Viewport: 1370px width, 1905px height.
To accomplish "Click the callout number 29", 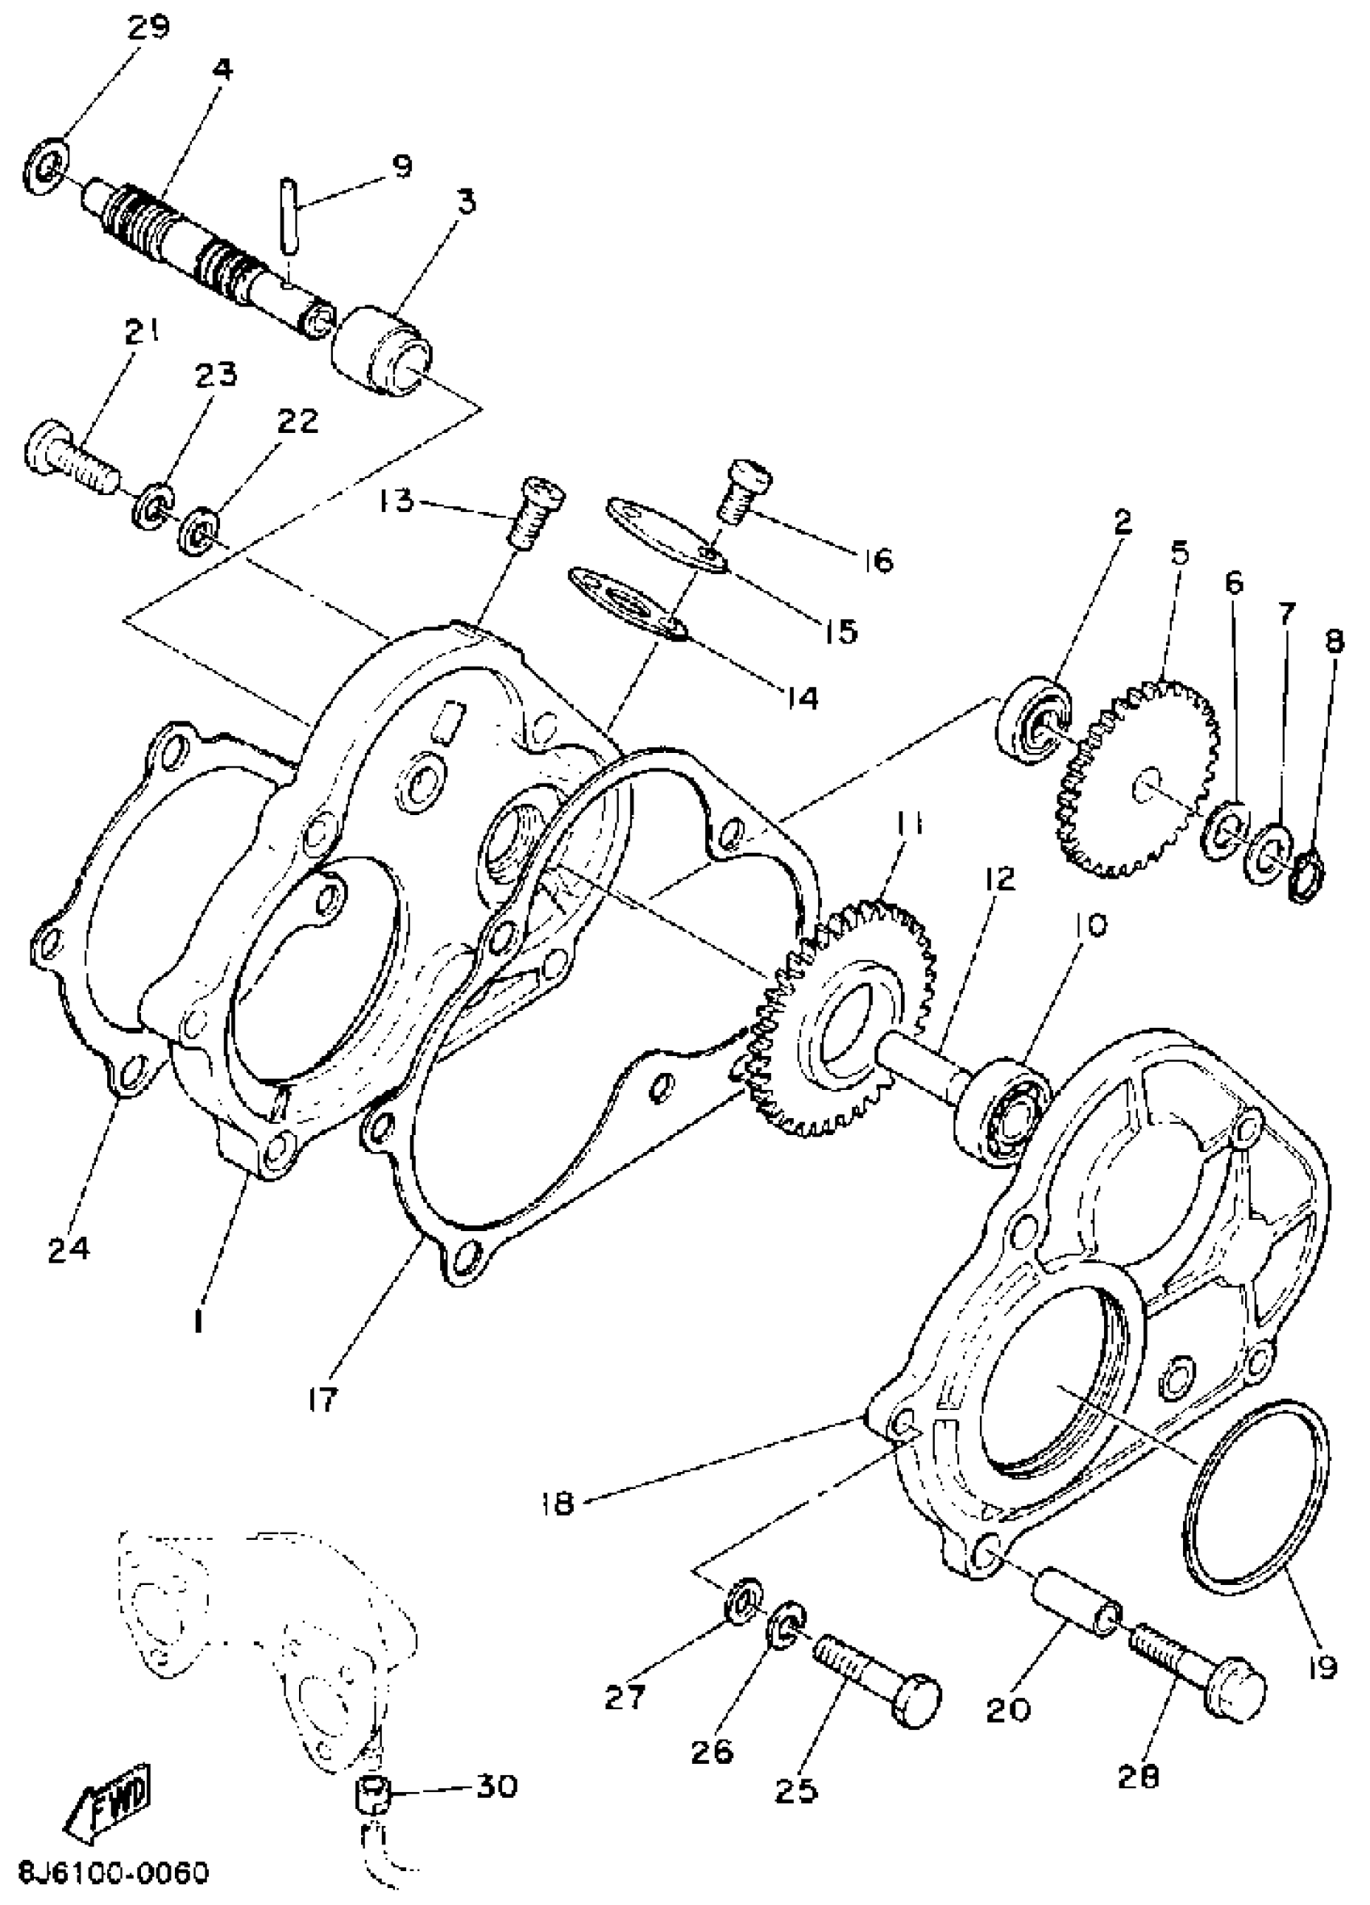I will (148, 27).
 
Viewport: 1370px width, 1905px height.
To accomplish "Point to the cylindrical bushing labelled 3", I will (383, 357).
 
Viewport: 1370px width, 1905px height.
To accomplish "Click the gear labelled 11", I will (848, 1021).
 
